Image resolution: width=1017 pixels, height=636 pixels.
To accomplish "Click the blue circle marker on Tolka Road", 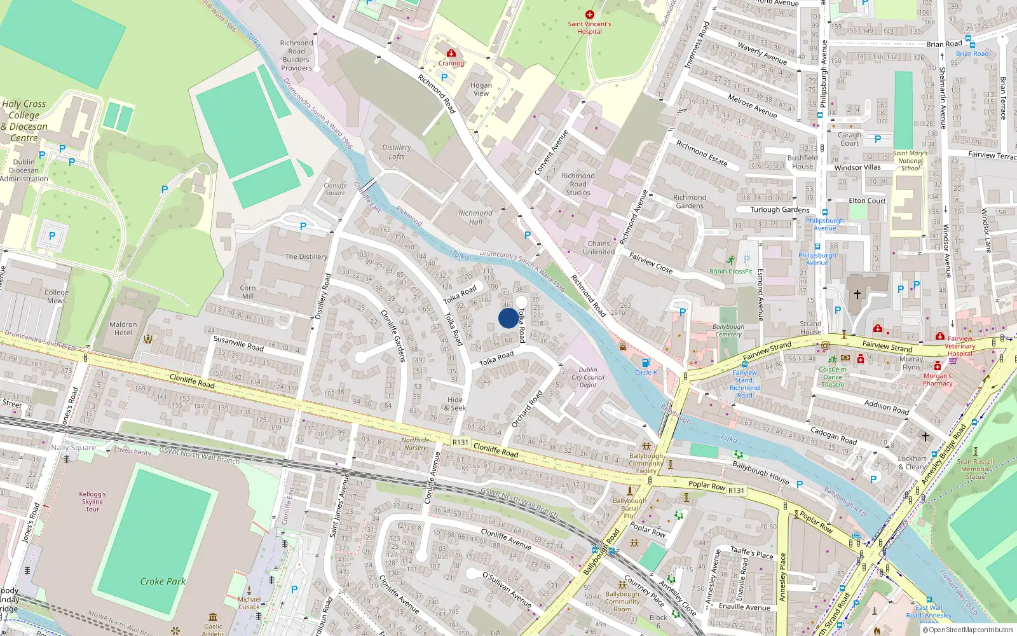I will tap(508, 318).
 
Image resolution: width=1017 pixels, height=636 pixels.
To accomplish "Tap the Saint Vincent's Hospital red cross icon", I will tap(590, 15).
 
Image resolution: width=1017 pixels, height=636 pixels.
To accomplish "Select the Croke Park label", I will tap(163, 581).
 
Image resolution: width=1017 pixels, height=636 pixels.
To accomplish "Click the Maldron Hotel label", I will tap(123, 328).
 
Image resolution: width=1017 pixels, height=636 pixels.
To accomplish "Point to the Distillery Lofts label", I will tap(397, 152).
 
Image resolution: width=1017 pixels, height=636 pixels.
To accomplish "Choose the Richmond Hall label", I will tap(475, 218).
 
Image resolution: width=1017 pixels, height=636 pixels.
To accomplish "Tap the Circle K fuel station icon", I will tap(646, 363).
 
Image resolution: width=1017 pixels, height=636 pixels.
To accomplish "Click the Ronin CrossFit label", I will tap(731, 272).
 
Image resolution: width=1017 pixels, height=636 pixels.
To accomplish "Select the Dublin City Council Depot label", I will tap(588, 377).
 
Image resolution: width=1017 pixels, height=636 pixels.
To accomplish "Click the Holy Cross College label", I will tap(24, 120).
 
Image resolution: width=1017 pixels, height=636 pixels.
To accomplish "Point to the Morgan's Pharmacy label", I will tap(938, 380).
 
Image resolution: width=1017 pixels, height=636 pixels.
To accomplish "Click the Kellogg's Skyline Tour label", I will tap(93, 501).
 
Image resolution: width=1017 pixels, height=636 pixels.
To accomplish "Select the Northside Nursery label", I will tap(415, 443).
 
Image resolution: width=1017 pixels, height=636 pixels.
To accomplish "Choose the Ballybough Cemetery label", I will tap(728, 330).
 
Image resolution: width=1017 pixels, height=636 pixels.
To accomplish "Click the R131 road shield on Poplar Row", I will tap(736, 490).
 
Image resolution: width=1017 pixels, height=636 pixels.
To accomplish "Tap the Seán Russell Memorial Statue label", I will tap(976, 469).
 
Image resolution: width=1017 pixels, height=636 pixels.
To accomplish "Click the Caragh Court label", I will tap(849, 139).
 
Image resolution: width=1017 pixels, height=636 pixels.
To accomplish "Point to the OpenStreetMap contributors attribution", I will tap(967, 630).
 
